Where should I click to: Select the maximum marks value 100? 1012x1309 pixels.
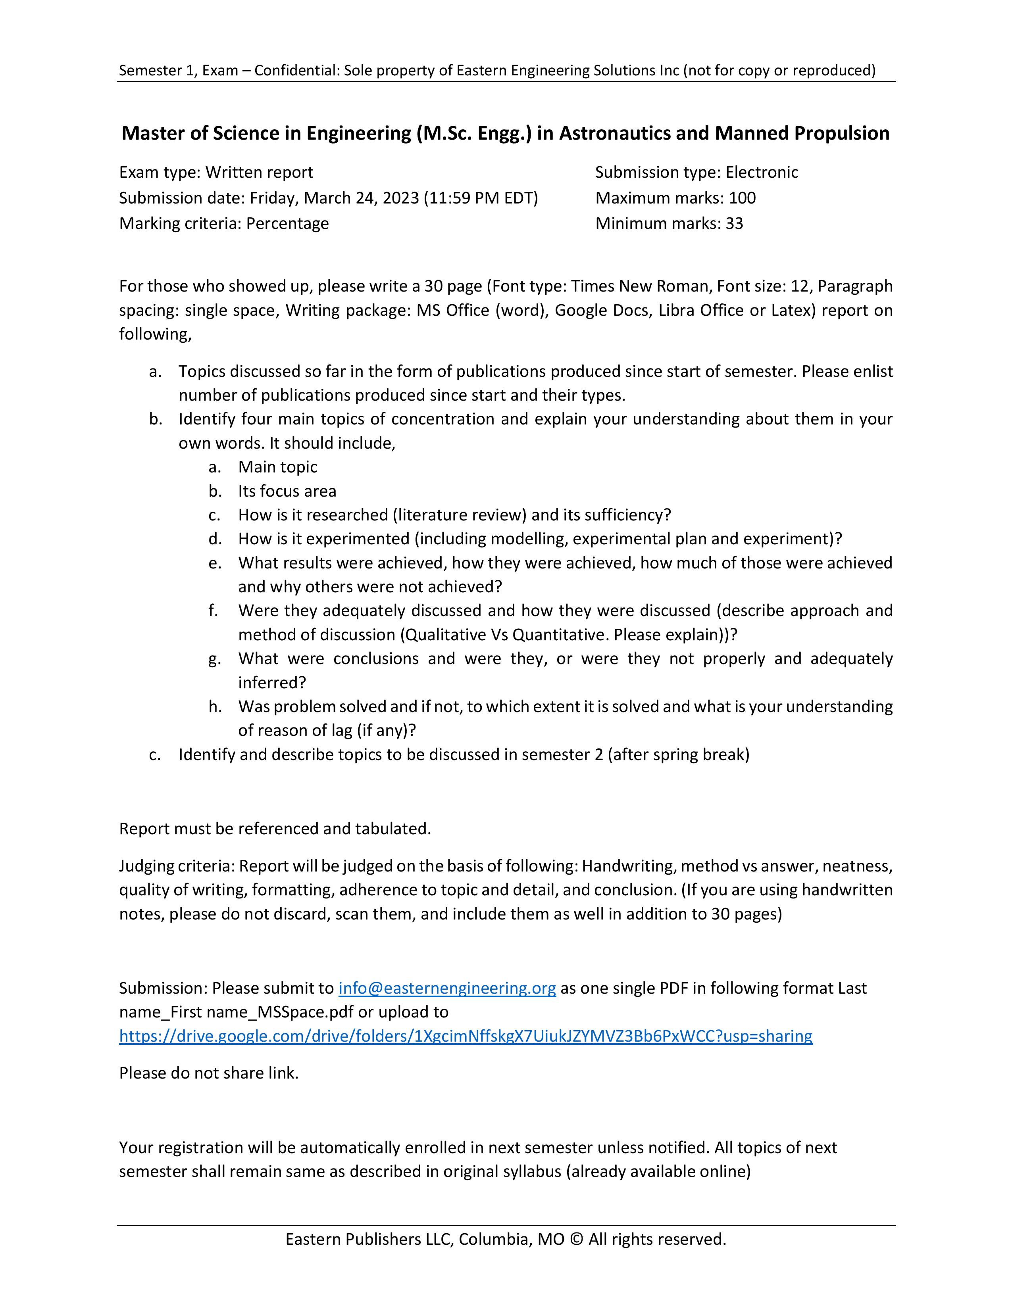point(742,198)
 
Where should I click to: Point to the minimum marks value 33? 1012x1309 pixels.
point(735,224)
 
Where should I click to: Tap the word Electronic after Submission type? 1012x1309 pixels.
point(762,173)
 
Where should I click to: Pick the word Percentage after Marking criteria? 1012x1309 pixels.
point(288,224)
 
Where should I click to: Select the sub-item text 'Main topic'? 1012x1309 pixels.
point(277,467)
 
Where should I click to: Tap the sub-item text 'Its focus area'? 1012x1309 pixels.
point(287,491)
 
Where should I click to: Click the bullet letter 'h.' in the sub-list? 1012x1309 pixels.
point(215,706)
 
